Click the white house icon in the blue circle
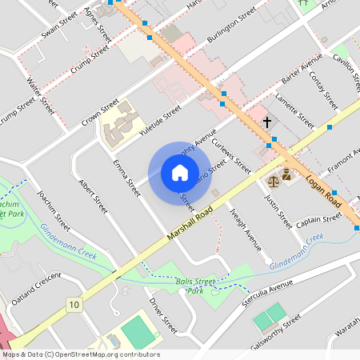point(179,173)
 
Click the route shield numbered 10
point(74,304)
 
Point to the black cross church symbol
point(267,122)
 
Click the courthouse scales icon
point(286,174)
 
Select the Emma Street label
point(126,178)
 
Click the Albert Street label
point(92,194)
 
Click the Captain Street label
point(318,221)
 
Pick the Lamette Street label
point(294,111)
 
